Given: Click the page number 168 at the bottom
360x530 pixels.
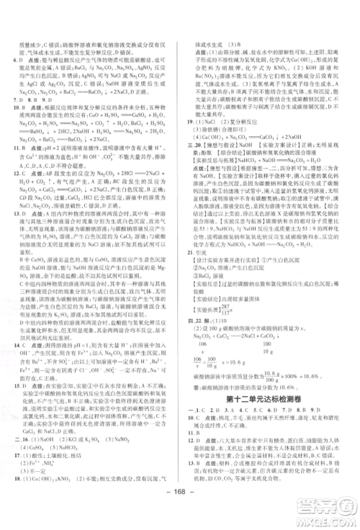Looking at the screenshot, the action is click(x=180, y=515).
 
